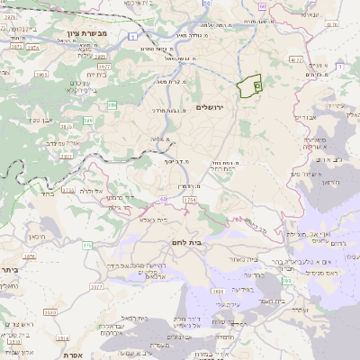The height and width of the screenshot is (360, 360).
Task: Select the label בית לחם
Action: pos(184,243)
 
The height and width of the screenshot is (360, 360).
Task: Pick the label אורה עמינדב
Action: pos(62,141)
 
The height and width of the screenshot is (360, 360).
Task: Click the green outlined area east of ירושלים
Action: pos(247,86)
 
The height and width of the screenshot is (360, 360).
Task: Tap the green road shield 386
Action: pos(112,105)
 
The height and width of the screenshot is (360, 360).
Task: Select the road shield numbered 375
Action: pos(87,243)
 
